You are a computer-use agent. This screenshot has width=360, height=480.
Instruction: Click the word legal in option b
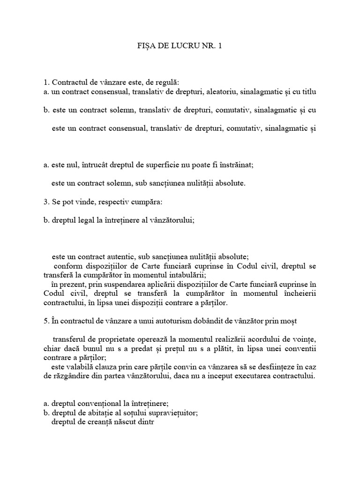pyautogui.click(x=84, y=221)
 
